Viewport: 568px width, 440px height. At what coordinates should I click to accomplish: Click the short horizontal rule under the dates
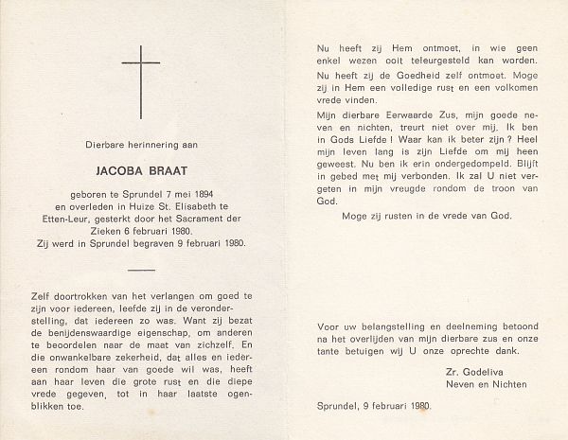click(x=140, y=271)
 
